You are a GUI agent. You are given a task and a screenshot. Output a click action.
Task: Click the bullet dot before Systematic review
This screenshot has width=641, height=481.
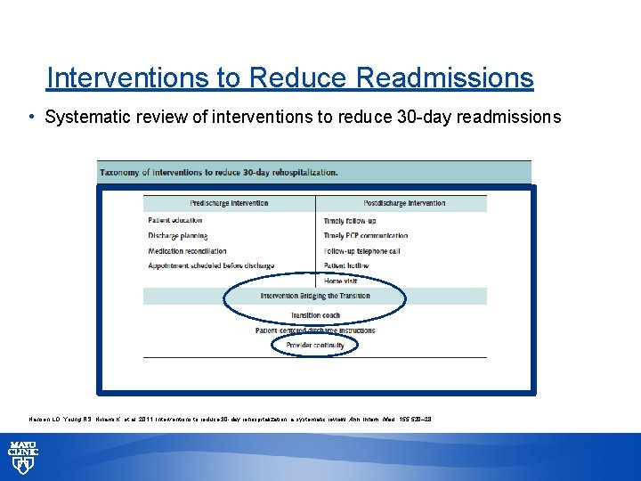point(32,118)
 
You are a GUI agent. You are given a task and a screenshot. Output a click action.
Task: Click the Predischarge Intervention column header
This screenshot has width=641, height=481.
point(229,203)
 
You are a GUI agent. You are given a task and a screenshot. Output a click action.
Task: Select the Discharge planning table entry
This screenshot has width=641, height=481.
point(178,235)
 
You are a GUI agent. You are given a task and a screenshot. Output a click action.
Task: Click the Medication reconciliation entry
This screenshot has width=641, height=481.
point(187,250)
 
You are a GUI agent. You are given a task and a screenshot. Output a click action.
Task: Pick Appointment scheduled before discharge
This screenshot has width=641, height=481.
point(211,265)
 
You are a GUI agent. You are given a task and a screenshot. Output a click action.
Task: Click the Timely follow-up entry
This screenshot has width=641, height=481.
point(350,220)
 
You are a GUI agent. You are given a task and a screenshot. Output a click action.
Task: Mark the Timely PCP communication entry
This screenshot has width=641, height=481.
point(366,235)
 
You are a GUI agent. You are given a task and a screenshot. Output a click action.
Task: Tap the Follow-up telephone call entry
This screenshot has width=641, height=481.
point(361,250)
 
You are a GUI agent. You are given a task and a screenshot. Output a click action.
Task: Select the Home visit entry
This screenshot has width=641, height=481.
point(341,281)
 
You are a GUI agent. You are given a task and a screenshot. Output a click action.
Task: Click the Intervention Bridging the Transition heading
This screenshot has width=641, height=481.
point(315,297)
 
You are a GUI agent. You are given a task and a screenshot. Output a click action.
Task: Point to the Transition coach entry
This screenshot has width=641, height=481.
point(315,315)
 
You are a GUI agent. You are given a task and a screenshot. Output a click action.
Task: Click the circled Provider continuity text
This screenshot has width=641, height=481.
point(315,345)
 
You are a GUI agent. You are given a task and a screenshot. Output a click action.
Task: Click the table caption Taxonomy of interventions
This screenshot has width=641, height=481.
point(219,172)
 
